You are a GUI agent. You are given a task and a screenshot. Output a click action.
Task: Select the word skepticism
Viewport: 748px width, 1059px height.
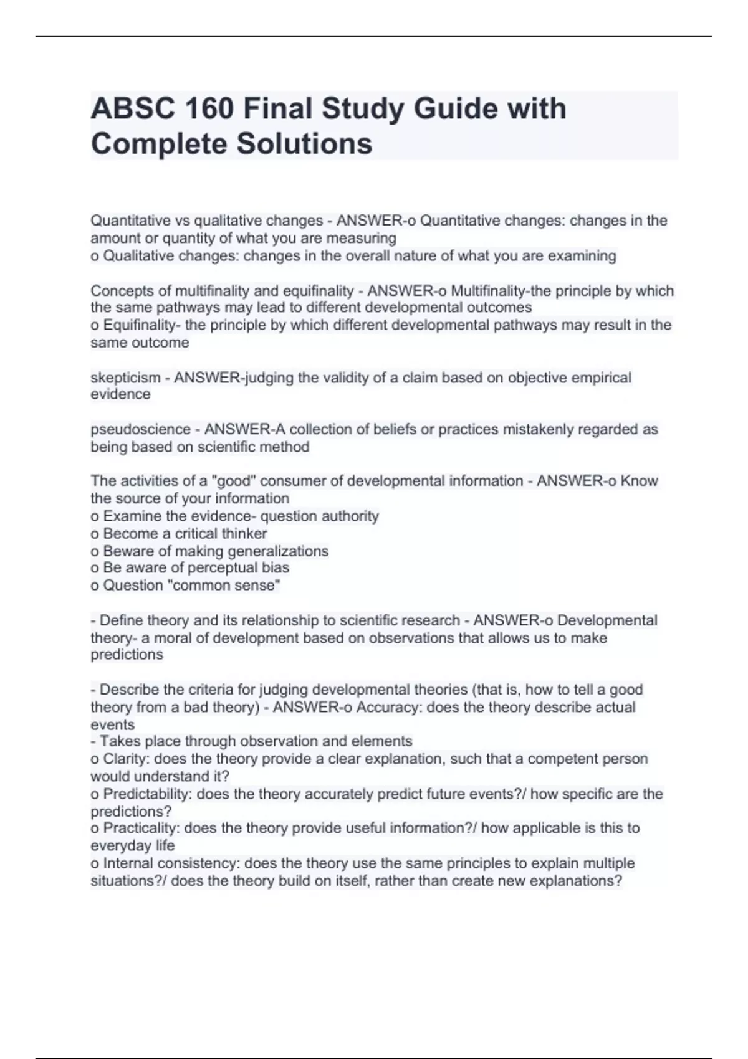pos(125,378)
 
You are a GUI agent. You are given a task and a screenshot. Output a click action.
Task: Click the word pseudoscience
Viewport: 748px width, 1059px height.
pos(140,429)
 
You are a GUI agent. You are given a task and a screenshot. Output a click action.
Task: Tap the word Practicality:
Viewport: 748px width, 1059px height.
pos(141,828)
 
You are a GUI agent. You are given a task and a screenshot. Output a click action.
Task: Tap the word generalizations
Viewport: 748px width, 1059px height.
pos(279,551)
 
